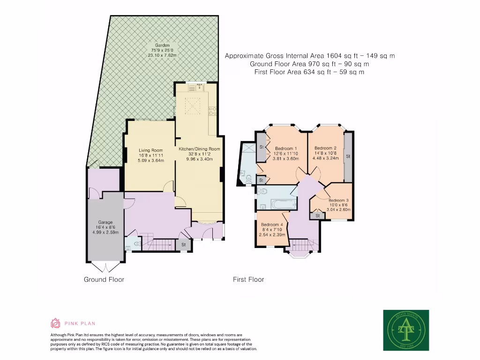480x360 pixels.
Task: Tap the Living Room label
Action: pyautogui.click(x=150, y=150)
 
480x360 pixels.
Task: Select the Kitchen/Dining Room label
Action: pyautogui.click(x=199, y=149)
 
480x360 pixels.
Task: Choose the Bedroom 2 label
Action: pyautogui.click(x=326, y=148)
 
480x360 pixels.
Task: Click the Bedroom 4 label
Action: pyautogui.click(x=272, y=225)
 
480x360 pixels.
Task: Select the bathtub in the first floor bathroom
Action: pyautogui.click(x=277, y=204)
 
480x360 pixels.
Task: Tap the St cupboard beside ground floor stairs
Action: pyautogui.click(x=184, y=245)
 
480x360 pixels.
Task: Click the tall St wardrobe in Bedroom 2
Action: pyautogui.click(x=348, y=156)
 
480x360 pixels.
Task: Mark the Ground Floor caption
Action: pyautogui.click(x=104, y=279)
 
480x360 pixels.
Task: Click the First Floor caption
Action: pyautogui.click(x=248, y=279)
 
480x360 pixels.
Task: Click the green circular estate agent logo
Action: pyautogui.click(x=406, y=330)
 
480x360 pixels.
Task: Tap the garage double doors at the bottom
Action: pyautogui.click(x=105, y=268)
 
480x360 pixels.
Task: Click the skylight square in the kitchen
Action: pyautogui.click(x=191, y=106)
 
